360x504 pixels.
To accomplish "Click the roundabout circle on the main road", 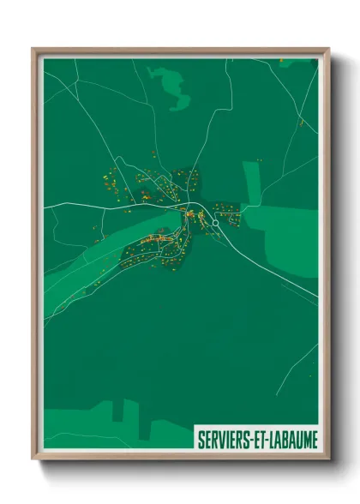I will point(215,222).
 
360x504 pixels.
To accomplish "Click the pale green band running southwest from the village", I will point(94,257).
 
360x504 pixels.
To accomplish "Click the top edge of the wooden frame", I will point(180,51).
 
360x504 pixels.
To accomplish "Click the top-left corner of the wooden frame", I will point(35,51).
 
